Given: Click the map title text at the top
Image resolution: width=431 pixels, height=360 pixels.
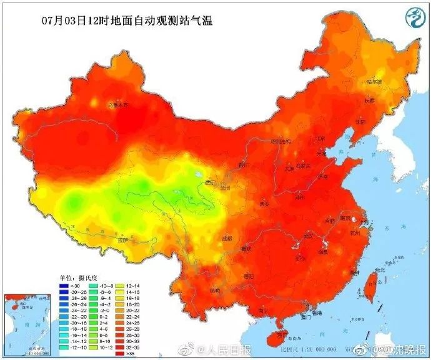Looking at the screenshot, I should (x=119, y=21).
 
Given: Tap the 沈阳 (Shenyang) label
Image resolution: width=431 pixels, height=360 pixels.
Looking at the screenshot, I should (x=357, y=122).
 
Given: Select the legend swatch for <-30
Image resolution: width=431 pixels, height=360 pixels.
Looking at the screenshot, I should (x=64, y=286).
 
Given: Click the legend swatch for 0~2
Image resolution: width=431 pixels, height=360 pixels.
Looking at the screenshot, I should (x=96, y=317).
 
